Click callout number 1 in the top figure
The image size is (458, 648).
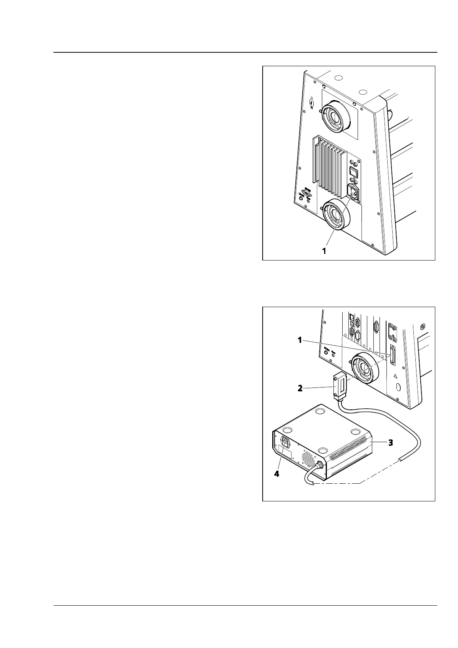tap(324, 251)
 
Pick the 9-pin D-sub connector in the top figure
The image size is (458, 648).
tap(306, 194)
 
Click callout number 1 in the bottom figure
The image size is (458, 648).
tap(301, 340)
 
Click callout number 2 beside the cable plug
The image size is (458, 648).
tap(300, 388)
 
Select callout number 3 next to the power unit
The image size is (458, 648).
tap(390, 443)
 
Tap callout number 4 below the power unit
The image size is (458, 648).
tap(276, 474)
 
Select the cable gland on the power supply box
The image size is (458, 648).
tap(318, 466)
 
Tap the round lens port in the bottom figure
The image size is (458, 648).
tap(365, 367)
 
